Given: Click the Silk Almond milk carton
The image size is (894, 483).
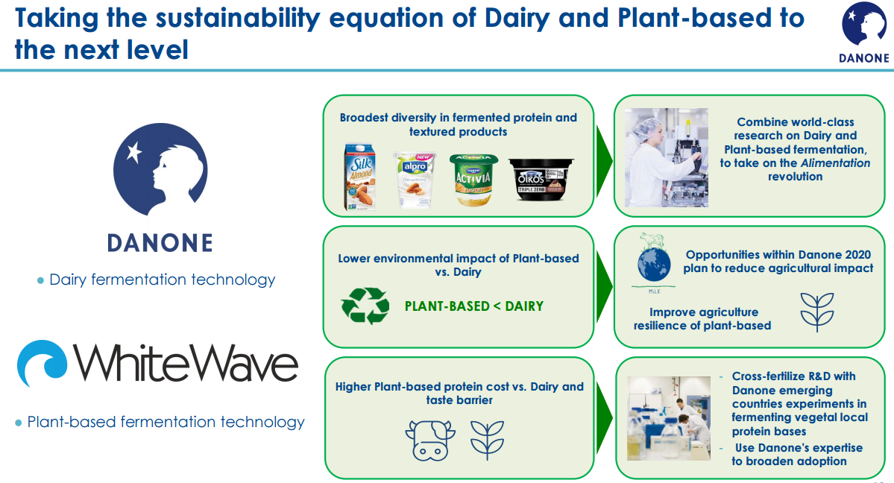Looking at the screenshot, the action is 360,177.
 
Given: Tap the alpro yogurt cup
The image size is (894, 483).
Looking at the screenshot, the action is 415,179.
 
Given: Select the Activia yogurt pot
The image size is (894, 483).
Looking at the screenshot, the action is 473,180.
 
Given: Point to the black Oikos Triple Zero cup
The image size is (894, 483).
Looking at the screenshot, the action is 541,179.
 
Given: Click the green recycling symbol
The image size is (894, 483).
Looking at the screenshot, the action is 365,306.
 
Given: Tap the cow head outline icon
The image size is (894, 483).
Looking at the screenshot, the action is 430,440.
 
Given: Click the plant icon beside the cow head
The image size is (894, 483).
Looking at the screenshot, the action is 487,440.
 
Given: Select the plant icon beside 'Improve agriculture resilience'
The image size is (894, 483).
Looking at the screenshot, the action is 817,312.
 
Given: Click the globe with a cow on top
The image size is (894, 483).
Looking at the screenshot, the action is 654,261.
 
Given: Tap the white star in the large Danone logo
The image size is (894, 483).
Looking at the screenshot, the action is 134,152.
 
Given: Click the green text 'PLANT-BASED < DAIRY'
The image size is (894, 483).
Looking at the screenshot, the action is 473,306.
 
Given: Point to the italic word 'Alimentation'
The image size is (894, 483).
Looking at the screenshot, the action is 835,163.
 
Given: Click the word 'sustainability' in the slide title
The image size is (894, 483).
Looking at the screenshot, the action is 238,19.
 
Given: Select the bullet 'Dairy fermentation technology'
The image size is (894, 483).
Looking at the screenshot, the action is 157,280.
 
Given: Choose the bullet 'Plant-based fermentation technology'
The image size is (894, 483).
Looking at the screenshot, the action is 160,422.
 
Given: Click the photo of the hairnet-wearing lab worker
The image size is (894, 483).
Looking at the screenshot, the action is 667,157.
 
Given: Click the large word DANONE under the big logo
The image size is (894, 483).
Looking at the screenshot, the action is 160,244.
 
